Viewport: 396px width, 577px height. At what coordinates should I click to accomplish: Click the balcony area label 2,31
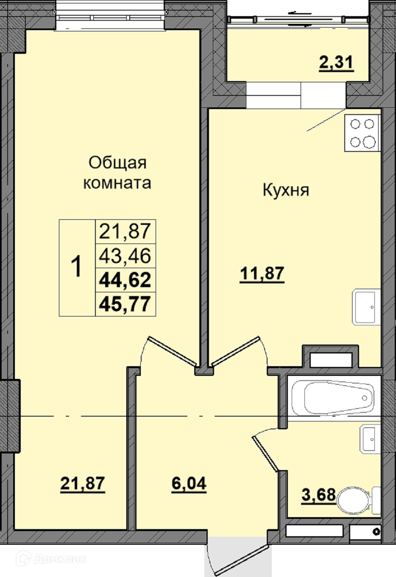(x=336, y=63)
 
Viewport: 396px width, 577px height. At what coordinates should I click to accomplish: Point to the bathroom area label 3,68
(x=318, y=495)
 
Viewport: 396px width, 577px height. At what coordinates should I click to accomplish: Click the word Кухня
(x=286, y=190)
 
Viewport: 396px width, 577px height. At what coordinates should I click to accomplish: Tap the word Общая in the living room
(x=118, y=163)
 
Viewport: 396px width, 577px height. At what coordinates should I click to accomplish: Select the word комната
(x=117, y=183)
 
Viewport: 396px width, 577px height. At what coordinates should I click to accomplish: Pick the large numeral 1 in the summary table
(x=76, y=266)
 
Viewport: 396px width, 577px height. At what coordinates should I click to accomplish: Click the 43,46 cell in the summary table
(x=125, y=255)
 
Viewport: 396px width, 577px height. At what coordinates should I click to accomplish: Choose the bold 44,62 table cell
(x=125, y=280)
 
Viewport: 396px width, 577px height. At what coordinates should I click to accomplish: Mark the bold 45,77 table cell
(x=125, y=304)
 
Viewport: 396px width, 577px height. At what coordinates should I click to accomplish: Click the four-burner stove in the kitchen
(x=363, y=133)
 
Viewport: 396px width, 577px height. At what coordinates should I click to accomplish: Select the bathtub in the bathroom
(x=333, y=398)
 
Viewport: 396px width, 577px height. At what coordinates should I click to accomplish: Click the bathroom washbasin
(x=370, y=439)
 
